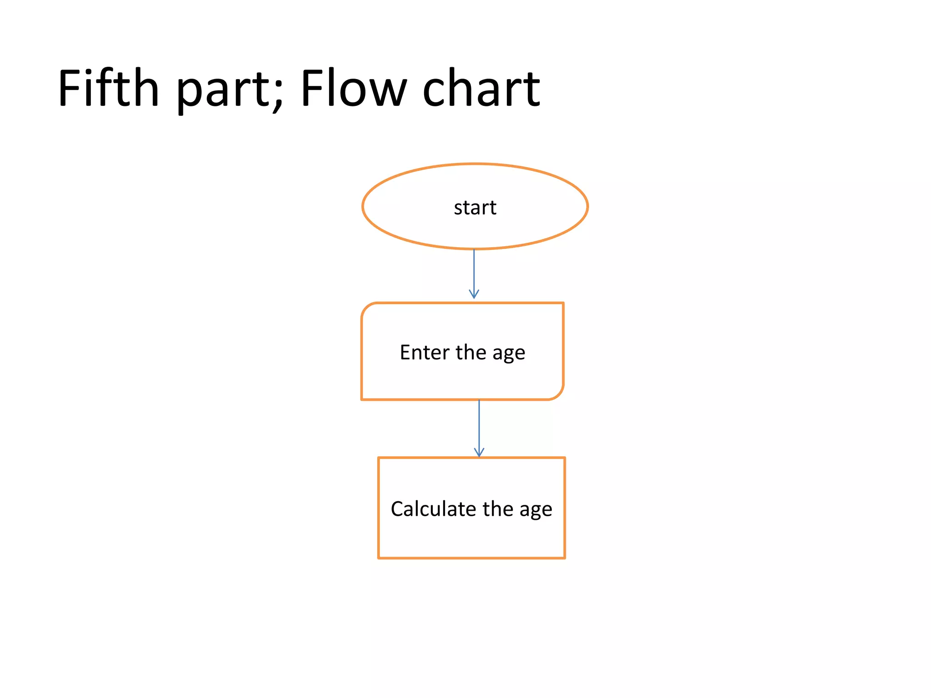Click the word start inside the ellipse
click(x=475, y=208)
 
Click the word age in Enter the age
click(x=509, y=354)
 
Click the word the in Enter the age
click(x=471, y=352)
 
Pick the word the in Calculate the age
click(x=498, y=509)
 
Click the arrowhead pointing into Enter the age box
click(x=474, y=295)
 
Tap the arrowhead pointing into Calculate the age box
click(x=479, y=453)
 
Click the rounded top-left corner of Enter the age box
click(x=366, y=308)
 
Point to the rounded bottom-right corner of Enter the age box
click(x=559, y=395)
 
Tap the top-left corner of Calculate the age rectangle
click(x=379, y=458)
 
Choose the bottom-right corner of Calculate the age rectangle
click(x=565, y=558)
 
